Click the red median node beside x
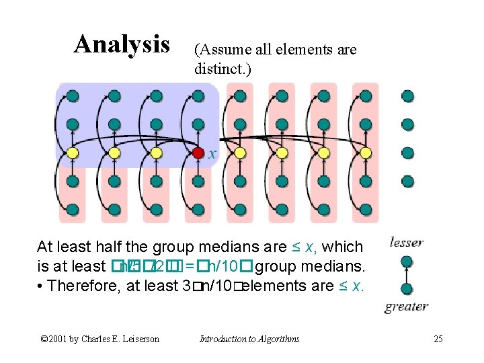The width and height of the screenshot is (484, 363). pos(198,153)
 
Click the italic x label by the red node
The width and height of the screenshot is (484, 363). pos(212,154)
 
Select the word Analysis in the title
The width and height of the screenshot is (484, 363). pos(122,44)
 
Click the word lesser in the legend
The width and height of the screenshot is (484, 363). pos(406,243)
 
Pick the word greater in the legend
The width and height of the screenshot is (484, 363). pos(407,307)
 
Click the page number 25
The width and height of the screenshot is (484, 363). pos(438,339)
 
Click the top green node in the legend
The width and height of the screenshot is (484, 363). pos(407,259)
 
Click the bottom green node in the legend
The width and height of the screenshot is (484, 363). pos(407,290)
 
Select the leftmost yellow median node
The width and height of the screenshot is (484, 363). pos(73,153)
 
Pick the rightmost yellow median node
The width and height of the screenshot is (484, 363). pos(366,153)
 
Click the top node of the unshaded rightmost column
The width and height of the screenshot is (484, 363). pos(407,96)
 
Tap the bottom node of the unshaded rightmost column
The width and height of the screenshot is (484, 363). pos(407,181)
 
